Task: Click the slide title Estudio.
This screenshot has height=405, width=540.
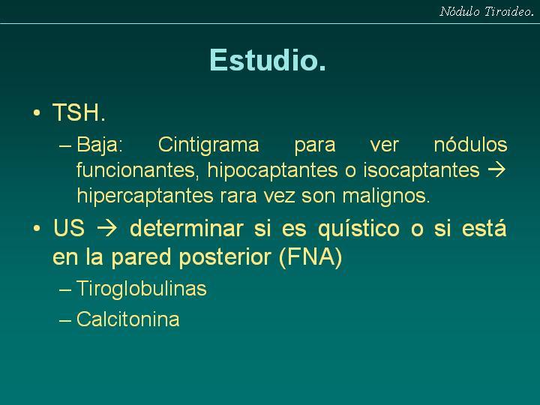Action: click(268, 60)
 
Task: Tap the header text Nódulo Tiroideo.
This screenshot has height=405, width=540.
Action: click(487, 12)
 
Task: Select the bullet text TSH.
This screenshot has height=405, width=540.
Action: click(79, 112)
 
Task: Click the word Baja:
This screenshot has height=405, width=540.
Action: click(100, 145)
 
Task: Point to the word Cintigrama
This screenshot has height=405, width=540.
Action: click(208, 145)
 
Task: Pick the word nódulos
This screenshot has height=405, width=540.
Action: click(470, 144)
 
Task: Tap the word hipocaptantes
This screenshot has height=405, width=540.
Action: click(272, 170)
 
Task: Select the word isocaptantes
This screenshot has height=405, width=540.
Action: click(421, 170)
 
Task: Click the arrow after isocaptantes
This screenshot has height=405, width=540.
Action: click(497, 169)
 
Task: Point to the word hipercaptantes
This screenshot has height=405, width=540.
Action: click(145, 196)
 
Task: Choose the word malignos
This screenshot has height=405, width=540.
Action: click(386, 196)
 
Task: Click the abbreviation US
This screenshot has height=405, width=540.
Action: click(69, 228)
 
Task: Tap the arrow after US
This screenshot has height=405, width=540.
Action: click(106, 229)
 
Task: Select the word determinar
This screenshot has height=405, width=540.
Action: click(187, 228)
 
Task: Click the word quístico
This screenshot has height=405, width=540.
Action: click(358, 229)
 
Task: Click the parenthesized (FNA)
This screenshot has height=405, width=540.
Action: click(310, 257)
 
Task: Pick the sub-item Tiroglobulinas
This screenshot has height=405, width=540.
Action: click(142, 288)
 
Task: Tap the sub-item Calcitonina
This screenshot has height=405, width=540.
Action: click(127, 319)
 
